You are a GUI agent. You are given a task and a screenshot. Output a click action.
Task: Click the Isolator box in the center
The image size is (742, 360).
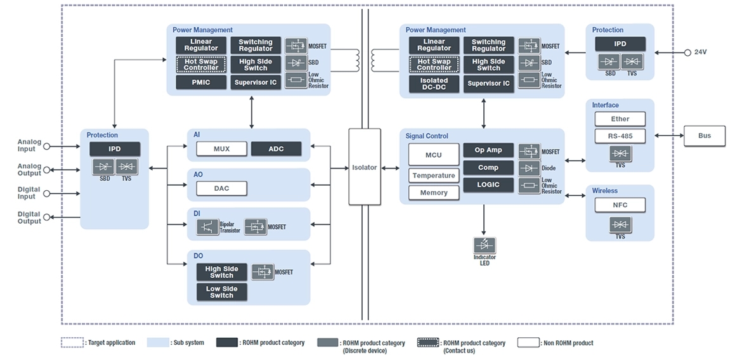365,167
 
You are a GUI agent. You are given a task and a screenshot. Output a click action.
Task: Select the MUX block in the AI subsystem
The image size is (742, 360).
221,149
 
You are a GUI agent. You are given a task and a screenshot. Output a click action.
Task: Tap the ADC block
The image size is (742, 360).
277,149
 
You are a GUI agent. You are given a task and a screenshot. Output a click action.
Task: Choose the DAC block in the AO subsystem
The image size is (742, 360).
221,188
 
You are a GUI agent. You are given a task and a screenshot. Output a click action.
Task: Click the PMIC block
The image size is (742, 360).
201,82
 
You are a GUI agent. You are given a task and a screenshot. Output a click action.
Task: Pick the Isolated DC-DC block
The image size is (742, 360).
434,84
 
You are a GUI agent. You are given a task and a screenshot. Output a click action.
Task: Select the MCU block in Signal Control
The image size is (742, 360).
433,155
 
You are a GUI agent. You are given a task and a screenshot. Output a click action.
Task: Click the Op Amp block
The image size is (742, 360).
488,150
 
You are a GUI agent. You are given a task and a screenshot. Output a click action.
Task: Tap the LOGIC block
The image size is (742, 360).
488,184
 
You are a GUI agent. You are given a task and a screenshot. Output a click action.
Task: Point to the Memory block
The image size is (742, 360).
433,193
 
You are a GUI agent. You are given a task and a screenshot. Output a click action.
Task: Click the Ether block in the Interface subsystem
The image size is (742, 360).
620,119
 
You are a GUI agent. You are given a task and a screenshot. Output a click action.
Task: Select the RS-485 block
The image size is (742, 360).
620,136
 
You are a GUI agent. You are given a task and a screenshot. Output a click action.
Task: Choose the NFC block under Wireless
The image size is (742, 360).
620,205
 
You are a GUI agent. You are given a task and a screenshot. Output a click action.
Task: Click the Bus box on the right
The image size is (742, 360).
704,136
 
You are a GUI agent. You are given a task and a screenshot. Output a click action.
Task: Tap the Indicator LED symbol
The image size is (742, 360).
485,245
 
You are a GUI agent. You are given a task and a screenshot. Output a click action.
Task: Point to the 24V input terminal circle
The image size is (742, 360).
687,53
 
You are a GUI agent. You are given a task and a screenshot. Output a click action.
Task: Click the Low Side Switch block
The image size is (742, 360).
221,292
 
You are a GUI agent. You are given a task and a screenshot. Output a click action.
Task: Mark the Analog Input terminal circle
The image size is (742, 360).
47,146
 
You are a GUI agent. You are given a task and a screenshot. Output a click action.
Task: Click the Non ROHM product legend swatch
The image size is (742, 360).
529,343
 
